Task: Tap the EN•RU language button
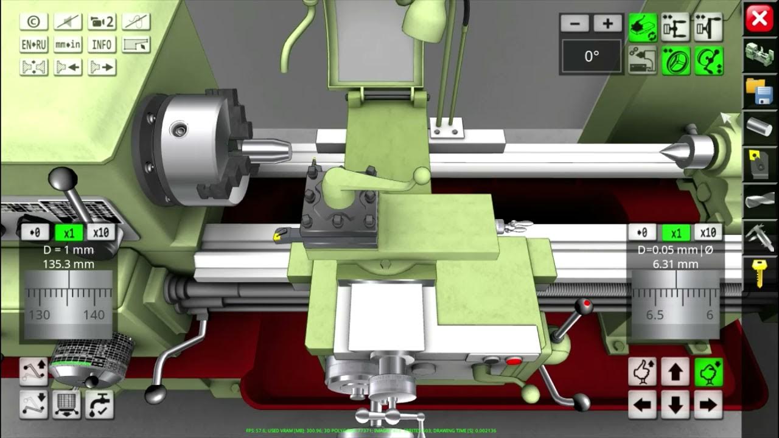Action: click(x=34, y=44)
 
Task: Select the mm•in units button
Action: click(x=68, y=44)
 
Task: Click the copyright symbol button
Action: click(x=34, y=21)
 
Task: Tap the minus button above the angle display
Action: click(x=575, y=23)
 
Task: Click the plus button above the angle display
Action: click(x=607, y=23)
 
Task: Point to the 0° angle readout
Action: click(x=592, y=57)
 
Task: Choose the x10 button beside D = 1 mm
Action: click(x=102, y=232)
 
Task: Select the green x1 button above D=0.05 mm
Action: click(x=676, y=233)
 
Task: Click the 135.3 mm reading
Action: click(x=68, y=264)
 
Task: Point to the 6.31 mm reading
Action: click(x=676, y=264)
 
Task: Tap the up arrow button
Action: click(x=676, y=372)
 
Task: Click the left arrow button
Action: click(x=643, y=403)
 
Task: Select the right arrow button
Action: click(x=708, y=403)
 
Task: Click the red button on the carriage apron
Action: click(x=514, y=361)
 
